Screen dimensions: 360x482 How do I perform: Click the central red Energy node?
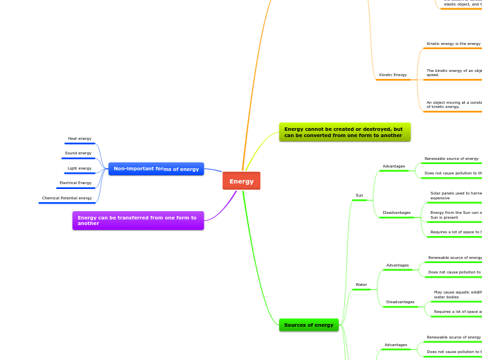pos(241,181)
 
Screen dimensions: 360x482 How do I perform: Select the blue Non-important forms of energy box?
pos(156,169)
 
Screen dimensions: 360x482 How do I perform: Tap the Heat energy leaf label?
pos(80,138)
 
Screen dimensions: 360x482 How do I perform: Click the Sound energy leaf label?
pos(78,153)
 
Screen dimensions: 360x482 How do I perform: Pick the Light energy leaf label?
pos(80,168)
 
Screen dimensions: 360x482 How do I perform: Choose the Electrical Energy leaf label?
pos(75,183)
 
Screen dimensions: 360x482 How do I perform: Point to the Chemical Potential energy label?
pos(66,198)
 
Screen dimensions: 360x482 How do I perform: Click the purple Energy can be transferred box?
pos(138,220)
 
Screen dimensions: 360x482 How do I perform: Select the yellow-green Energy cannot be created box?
pos(344,132)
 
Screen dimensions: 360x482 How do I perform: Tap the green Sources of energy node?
pos(308,325)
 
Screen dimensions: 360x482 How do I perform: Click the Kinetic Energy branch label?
pos(393,75)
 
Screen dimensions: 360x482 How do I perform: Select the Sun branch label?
pos(359,195)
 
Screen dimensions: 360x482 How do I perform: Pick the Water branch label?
pos(361,285)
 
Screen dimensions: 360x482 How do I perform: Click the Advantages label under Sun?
pos(393,166)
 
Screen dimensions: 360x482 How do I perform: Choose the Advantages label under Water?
pos(398,265)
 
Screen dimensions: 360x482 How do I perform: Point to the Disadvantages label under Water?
pos(400,302)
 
